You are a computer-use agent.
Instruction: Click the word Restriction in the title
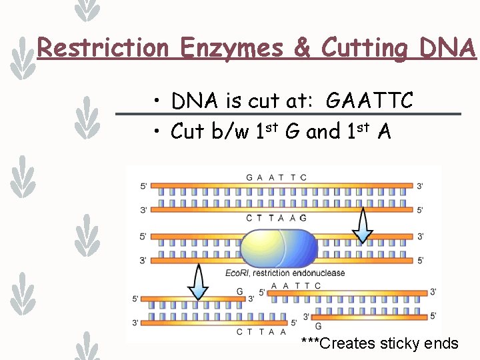click(103, 48)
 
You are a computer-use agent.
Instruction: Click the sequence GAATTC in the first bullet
click(369, 101)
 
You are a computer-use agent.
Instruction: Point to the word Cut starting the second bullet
click(187, 131)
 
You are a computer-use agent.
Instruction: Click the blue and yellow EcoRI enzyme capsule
click(278, 249)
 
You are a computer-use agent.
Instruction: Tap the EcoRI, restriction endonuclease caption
click(285, 273)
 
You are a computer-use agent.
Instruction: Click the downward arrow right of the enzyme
click(363, 225)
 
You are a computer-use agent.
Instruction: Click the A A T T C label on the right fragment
click(296, 286)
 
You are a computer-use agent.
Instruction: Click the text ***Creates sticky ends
click(379, 344)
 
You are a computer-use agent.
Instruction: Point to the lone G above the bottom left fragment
click(240, 292)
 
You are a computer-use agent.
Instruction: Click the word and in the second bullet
click(323, 131)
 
